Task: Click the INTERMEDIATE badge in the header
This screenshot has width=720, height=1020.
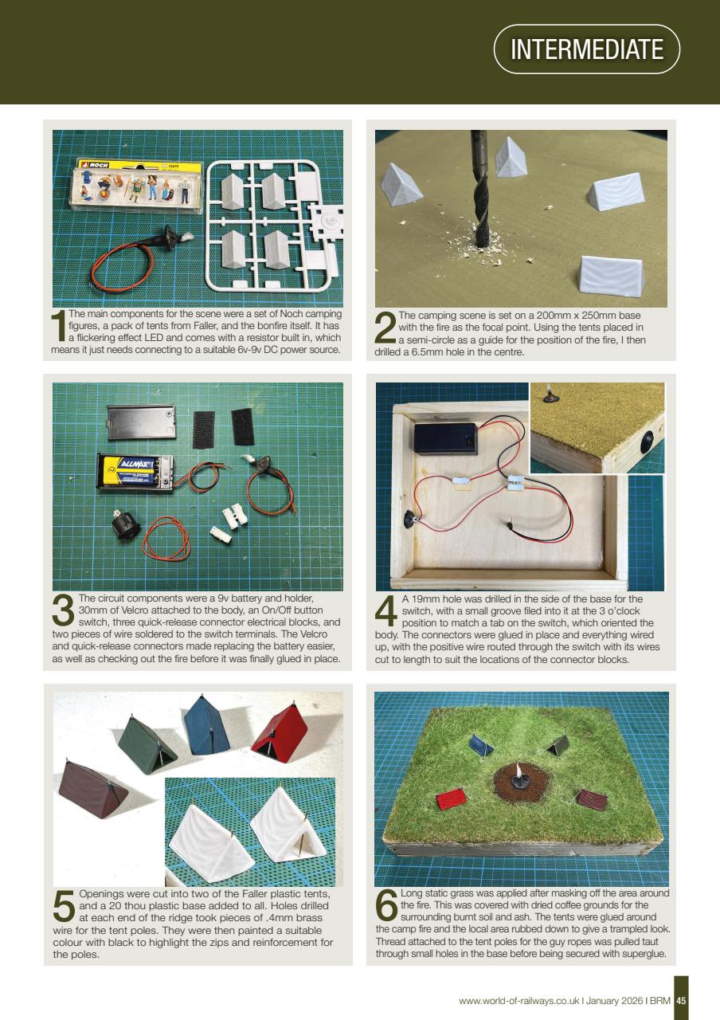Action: tap(586, 49)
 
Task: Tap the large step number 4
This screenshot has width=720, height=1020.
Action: tap(385, 612)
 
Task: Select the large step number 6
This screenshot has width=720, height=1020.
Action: tap(386, 907)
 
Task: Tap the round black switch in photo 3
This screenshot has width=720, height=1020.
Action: tap(124, 526)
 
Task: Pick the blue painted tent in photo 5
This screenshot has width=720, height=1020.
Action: tap(206, 725)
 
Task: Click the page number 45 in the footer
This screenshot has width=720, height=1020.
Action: tap(681, 1000)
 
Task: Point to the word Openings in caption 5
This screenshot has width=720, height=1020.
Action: tap(104, 893)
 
